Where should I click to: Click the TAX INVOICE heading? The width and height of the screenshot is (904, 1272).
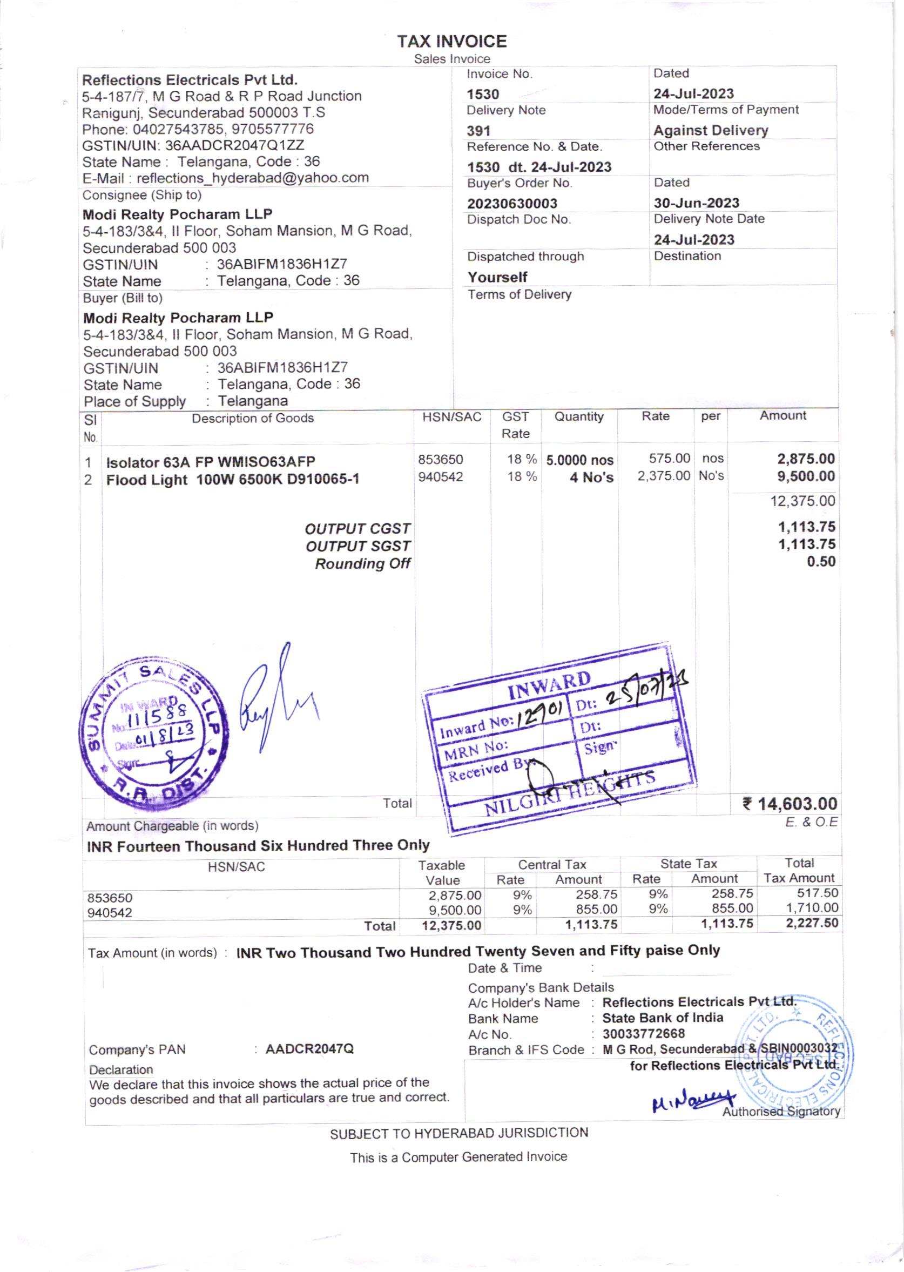coord(451,41)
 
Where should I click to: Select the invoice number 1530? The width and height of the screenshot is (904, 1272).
coord(483,94)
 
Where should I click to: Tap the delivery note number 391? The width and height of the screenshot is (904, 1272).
coord(478,131)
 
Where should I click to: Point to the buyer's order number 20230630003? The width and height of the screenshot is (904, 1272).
coord(511,204)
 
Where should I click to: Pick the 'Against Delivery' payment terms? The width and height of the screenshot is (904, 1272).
coord(710,130)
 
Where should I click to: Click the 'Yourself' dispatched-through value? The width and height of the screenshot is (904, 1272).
coord(497,277)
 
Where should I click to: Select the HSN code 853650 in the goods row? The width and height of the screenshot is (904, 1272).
coord(440,459)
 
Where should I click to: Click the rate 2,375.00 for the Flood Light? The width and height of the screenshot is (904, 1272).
coord(664,476)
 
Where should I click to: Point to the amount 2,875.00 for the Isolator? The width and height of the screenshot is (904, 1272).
coord(806,459)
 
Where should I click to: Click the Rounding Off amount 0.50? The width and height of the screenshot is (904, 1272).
coord(821,561)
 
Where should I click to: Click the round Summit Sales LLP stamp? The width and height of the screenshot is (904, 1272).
coord(152,735)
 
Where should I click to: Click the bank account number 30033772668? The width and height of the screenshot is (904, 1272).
coord(643,1034)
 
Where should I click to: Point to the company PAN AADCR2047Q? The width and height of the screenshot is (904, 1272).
coord(309,1049)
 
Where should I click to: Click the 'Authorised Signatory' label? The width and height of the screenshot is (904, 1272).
coord(780,1111)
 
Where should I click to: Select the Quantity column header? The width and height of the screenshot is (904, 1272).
coord(578,416)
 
